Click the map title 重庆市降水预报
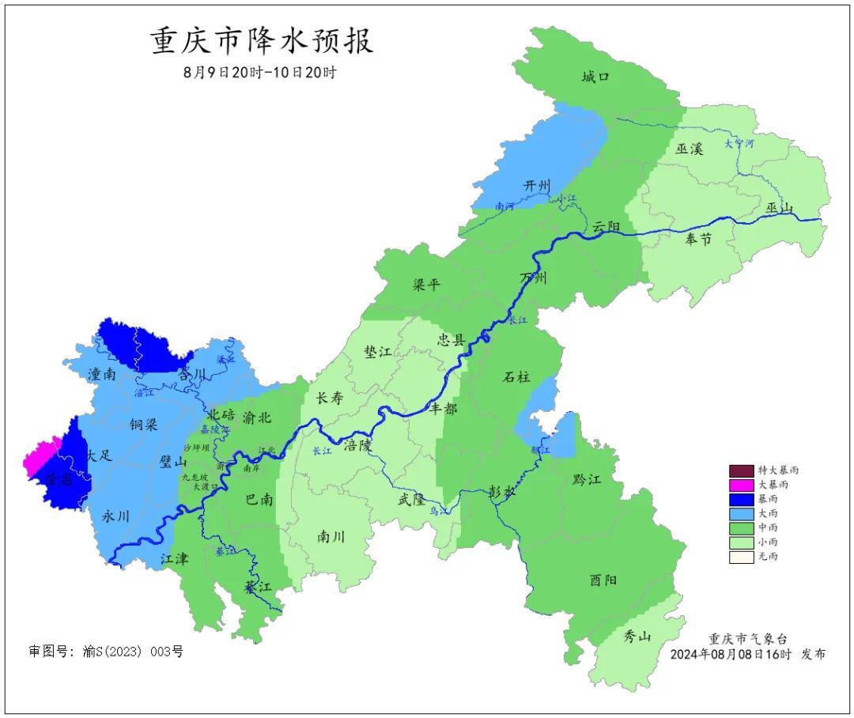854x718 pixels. click(262, 41)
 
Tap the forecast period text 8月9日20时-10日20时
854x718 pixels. click(260, 72)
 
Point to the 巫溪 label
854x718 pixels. click(690, 149)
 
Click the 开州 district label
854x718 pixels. click(537, 186)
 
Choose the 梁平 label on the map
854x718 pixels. click(426, 285)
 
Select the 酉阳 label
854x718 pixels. click(603, 580)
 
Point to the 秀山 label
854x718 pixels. click(637, 636)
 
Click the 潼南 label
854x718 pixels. click(103, 374)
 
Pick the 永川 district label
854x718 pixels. click(116, 516)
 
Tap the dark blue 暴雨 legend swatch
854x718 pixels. click(741, 499)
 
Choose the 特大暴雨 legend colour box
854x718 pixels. click(741, 470)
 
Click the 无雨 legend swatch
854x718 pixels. click(741, 557)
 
